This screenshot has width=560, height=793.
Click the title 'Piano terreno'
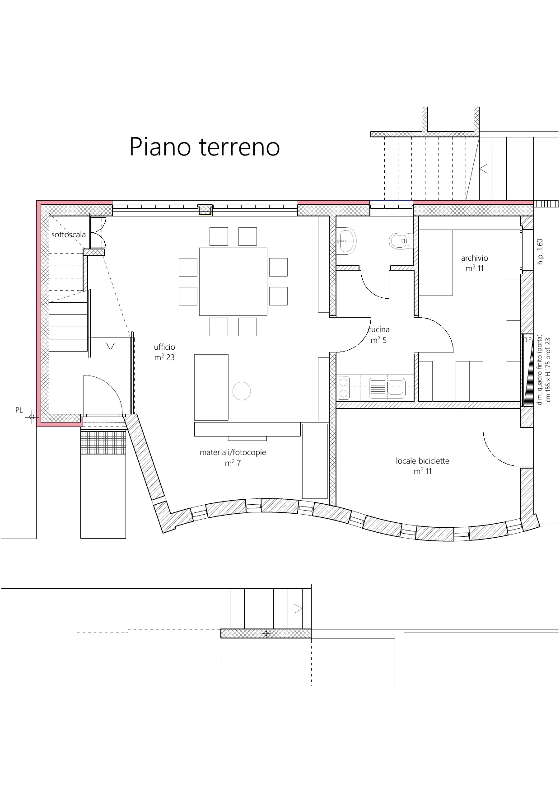205,147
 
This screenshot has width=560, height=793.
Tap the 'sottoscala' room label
69,235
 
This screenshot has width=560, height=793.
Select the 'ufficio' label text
164,347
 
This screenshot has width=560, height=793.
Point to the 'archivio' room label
474,258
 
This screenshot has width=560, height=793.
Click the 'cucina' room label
379,330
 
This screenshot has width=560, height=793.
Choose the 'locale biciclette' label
423,461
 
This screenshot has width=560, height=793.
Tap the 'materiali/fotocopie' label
233,452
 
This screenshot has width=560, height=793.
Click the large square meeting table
233,282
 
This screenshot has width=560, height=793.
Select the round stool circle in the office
242,391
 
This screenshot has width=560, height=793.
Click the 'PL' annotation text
19,410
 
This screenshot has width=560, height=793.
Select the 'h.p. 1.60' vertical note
540,252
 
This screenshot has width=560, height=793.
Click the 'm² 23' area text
164,357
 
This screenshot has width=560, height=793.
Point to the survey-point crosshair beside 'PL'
32,417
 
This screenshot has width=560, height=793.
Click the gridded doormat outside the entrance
103,443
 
